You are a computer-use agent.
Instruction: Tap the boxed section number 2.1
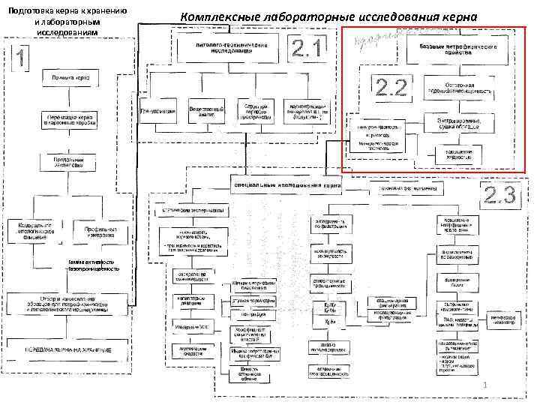point(310,50)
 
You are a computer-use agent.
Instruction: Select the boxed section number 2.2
point(391,88)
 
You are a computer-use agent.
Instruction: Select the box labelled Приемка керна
point(66,78)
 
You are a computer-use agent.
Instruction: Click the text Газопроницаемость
point(92,269)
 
